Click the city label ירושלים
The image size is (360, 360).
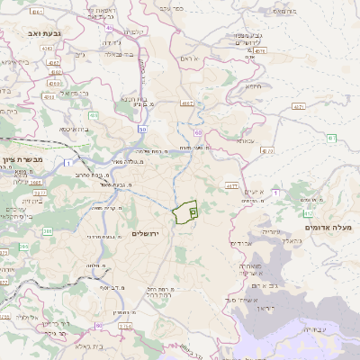pyautogui.click(x=144, y=234)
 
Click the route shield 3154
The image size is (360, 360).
pyautogui.click(x=125, y=327)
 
